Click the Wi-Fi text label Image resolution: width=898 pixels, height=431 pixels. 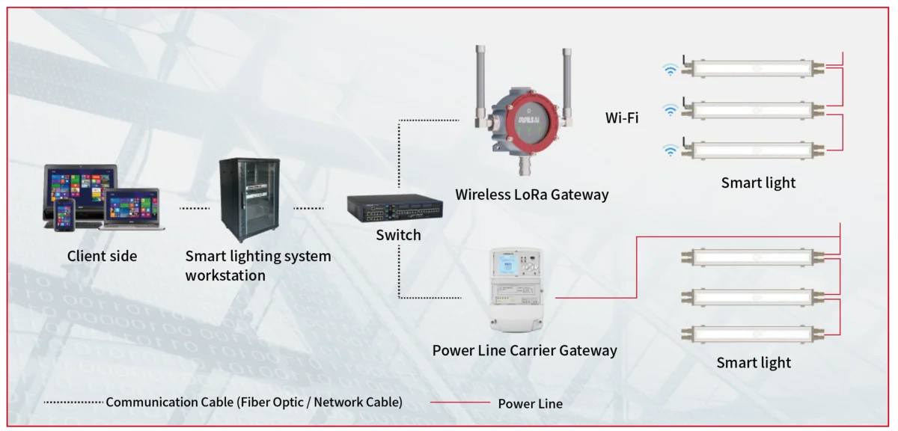[x=622, y=117]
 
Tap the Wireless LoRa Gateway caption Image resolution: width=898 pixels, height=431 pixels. [x=531, y=195]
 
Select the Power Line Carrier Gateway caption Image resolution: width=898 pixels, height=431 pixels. [x=525, y=350]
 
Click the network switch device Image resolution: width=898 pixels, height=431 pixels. [x=394, y=208]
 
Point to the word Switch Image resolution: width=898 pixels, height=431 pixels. [x=398, y=235]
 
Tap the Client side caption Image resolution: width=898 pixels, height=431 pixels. [x=103, y=256]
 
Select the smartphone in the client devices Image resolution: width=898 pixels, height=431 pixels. [x=64, y=214]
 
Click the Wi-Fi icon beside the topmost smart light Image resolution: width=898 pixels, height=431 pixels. [x=671, y=70]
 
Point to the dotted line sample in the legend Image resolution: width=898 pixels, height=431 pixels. [x=73, y=403]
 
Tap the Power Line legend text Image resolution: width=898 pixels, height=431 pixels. [x=530, y=403]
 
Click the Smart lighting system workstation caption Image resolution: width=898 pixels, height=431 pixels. [x=257, y=266]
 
